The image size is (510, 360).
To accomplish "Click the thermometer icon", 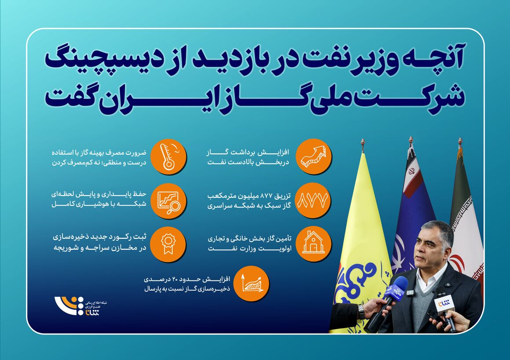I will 169,157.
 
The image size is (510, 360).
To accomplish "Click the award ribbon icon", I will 169,244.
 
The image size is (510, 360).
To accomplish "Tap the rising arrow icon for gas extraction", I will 313,157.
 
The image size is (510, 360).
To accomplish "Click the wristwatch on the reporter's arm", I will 361,311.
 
